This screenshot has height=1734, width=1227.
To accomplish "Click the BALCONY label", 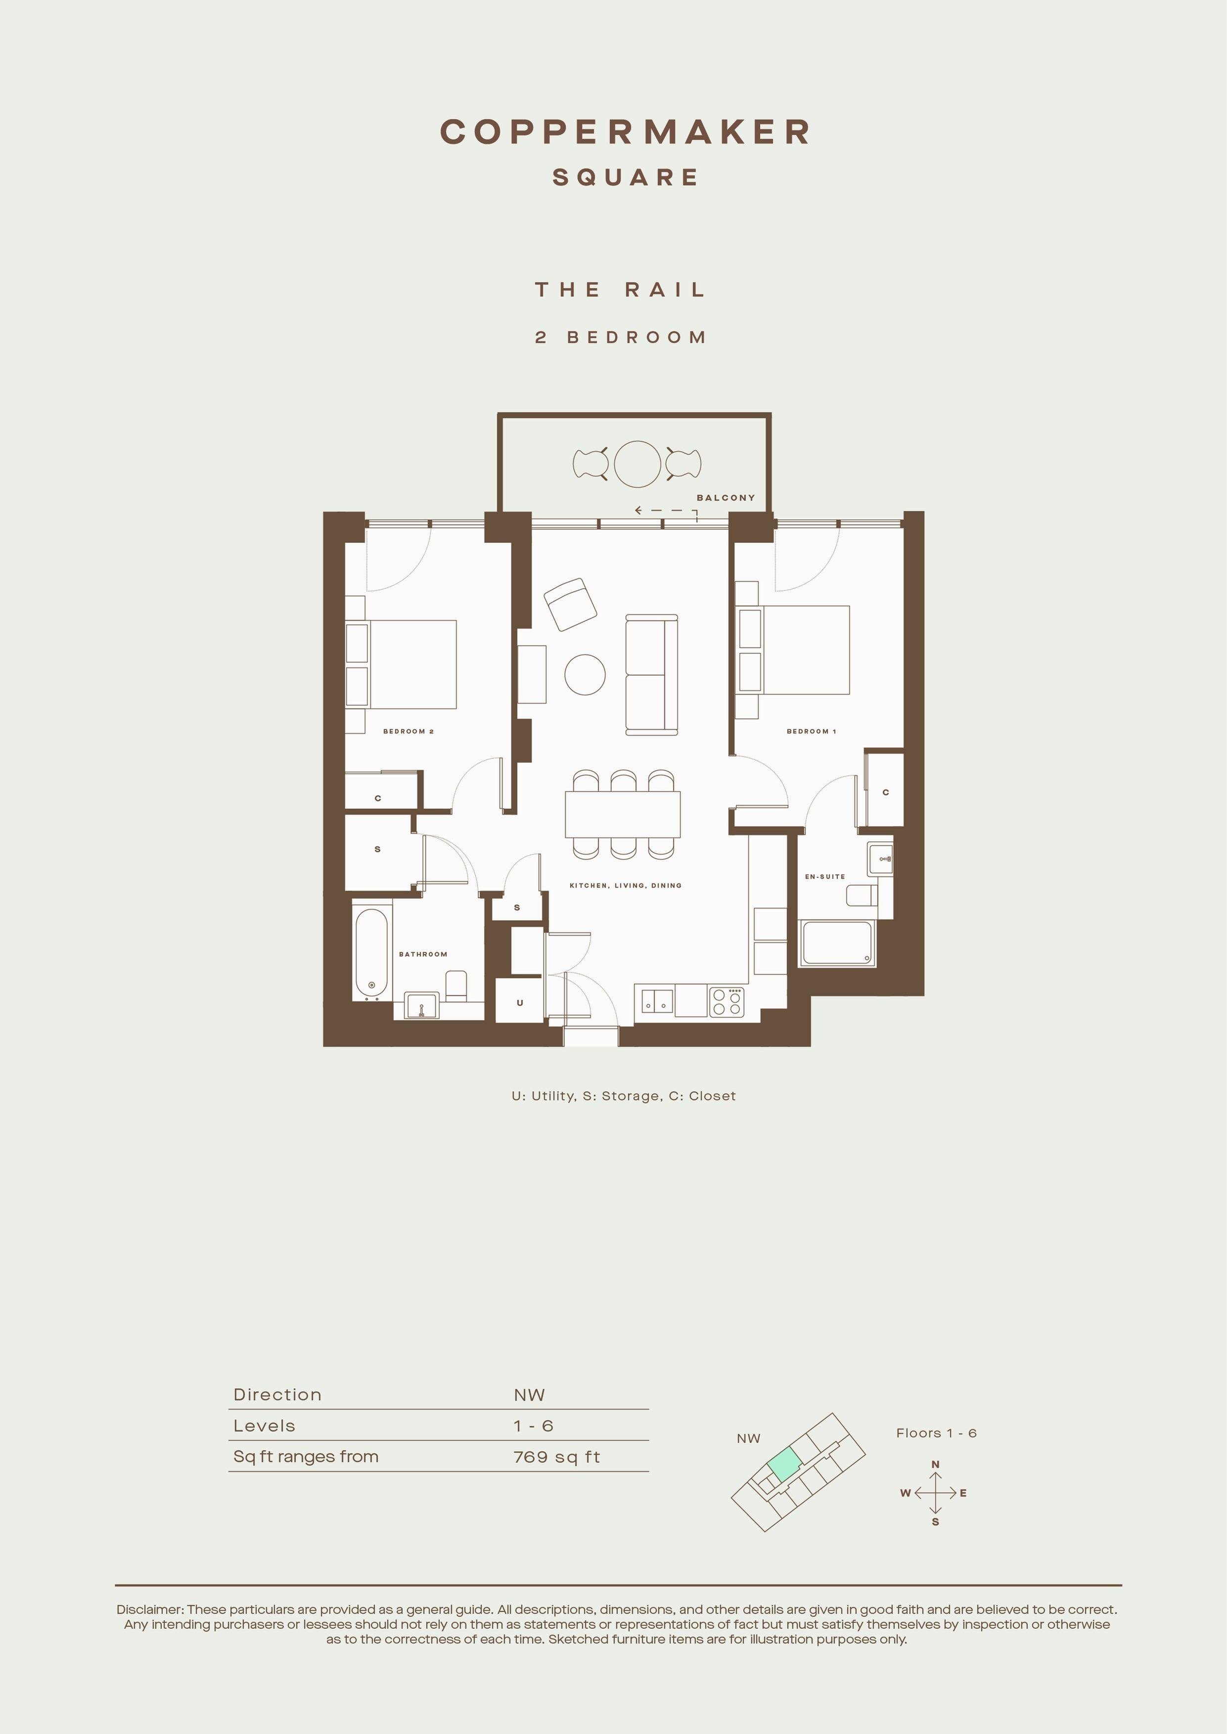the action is (726, 498).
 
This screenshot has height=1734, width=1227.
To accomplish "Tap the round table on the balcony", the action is (637, 464).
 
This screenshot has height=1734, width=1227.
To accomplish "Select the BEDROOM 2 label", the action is (408, 731).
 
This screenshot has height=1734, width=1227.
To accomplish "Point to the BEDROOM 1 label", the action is (811, 731).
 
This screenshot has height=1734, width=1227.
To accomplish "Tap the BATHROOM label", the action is (423, 954).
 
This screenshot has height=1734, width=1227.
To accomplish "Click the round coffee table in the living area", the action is (585, 674).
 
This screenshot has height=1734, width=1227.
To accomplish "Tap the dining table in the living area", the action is (623, 814).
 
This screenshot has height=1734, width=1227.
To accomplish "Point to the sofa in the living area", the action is (651, 674).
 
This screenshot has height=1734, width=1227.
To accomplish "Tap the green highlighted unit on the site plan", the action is (784, 1465).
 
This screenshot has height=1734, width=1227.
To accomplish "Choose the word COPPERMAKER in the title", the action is (625, 131).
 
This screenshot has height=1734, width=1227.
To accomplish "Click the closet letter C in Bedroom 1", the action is (885, 792).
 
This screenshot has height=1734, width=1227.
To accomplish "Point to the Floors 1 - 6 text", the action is (936, 1432).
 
